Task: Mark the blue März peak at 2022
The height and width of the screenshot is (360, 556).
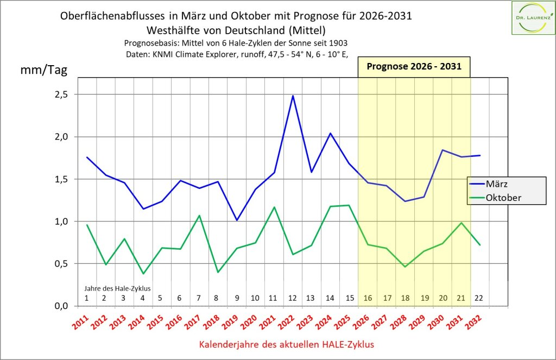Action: click(x=293, y=96)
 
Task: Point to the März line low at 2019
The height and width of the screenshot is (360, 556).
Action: click(x=237, y=220)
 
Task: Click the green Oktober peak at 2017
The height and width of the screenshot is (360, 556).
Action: click(x=199, y=216)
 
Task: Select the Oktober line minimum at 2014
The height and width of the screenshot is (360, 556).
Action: click(x=143, y=274)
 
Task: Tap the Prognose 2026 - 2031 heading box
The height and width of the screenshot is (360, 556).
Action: click(x=414, y=67)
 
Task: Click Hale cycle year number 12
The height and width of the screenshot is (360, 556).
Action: click(x=293, y=298)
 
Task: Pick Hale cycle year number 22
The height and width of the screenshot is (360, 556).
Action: click(x=479, y=298)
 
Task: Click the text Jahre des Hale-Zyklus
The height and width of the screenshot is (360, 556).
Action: click(x=117, y=288)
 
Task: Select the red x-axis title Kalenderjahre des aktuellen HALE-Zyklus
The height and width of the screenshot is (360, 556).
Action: click(x=287, y=344)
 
